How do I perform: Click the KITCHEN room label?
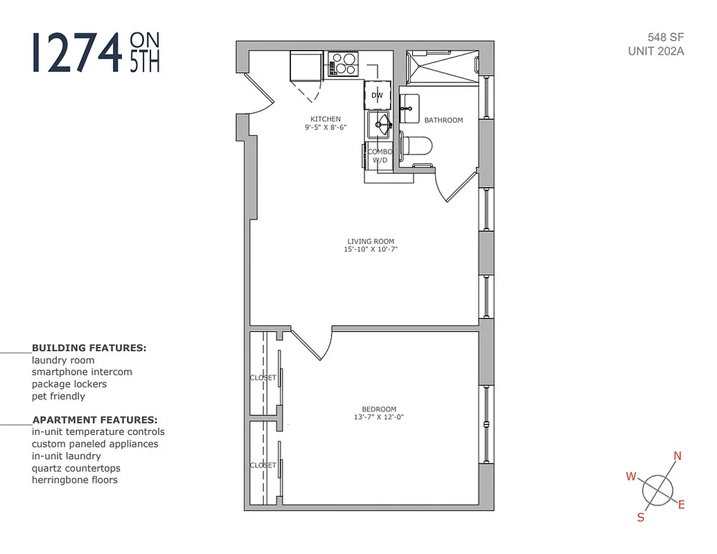[326, 119]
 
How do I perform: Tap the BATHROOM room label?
[443, 120]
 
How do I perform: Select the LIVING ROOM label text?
[371, 242]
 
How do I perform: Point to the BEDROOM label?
[379, 409]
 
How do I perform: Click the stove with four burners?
[342, 64]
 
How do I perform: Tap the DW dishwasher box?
[378, 95]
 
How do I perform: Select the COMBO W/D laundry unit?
[380, 156]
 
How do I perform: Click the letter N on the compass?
[678, 456]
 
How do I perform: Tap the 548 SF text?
[665, 37]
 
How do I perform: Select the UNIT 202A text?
[655, 51]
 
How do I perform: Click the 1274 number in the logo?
[76, 53]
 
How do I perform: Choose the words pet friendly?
[58, 396]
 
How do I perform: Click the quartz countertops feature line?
[76, 468]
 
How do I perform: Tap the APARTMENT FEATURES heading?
[94, 420]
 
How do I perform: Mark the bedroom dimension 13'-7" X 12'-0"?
[379, 417]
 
